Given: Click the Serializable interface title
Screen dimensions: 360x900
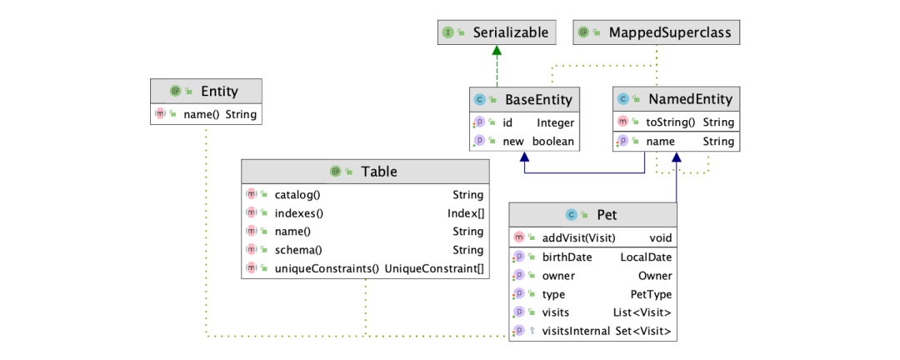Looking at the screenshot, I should click(511, 32).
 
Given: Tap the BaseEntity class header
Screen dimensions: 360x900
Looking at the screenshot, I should click(538, 99).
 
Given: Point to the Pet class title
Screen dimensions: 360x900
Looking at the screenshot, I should click(607, 214).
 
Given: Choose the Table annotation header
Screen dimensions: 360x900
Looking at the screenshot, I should click(378, 172).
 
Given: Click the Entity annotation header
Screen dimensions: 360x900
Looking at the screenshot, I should click(219, 92).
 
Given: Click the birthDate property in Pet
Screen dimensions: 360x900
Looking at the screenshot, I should click(566, 257).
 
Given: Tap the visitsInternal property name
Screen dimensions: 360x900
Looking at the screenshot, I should click(581, 331).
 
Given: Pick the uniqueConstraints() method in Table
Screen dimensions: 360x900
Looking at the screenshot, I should click(327, 268).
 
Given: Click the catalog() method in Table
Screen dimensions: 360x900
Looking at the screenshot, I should click(297, 194).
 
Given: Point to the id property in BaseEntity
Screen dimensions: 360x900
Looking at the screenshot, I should click(507, 122).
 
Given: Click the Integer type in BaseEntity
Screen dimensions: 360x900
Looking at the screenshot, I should click(555, 122).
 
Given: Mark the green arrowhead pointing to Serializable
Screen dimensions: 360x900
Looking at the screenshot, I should click(497, 50).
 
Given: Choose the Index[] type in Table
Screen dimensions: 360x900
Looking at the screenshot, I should click(465, 212).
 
